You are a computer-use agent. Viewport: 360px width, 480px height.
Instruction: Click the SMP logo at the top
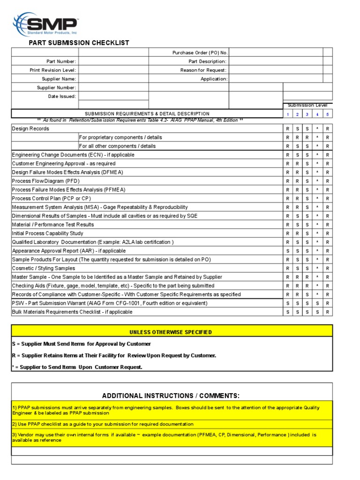46,24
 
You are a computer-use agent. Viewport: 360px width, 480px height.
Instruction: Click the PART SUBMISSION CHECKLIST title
79,43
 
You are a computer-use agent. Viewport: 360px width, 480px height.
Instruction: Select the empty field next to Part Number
113,61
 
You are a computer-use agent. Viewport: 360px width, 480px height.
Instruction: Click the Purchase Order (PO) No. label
200,52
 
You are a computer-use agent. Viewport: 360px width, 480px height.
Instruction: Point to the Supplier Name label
59,79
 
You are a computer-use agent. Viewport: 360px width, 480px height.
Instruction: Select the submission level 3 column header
307,114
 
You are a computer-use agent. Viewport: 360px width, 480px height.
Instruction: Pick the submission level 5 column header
328,114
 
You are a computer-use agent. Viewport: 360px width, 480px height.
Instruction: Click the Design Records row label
30,128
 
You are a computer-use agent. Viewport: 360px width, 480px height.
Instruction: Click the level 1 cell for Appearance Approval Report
287,251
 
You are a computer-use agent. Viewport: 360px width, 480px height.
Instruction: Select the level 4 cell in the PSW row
317,303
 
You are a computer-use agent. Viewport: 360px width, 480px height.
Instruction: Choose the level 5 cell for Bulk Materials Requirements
328,312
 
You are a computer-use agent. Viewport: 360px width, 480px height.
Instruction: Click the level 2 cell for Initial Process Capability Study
297,233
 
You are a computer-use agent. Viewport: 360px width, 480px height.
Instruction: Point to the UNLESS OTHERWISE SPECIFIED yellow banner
172,332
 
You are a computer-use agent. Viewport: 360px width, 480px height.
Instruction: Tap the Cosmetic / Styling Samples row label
44,268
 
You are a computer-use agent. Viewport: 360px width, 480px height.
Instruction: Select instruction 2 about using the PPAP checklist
103,424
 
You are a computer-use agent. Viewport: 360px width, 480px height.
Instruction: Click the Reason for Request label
203,70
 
